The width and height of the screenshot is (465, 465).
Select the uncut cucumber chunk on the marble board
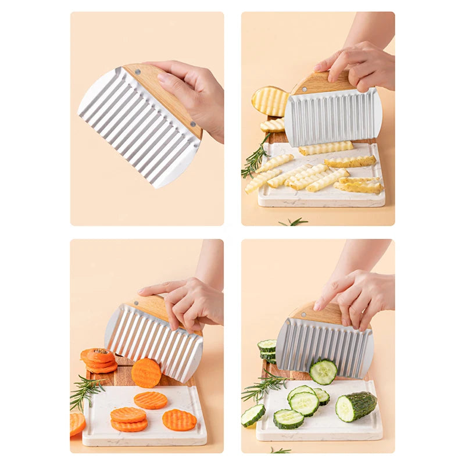point(356,405)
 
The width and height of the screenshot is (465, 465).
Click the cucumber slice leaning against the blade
point(323,371)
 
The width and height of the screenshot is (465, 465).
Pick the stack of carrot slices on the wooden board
point(99,360)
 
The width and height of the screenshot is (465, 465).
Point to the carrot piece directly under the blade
point(146,373)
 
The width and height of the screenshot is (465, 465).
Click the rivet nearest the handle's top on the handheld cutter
point(139,72)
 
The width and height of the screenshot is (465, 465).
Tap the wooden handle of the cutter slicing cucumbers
point(320,314)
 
